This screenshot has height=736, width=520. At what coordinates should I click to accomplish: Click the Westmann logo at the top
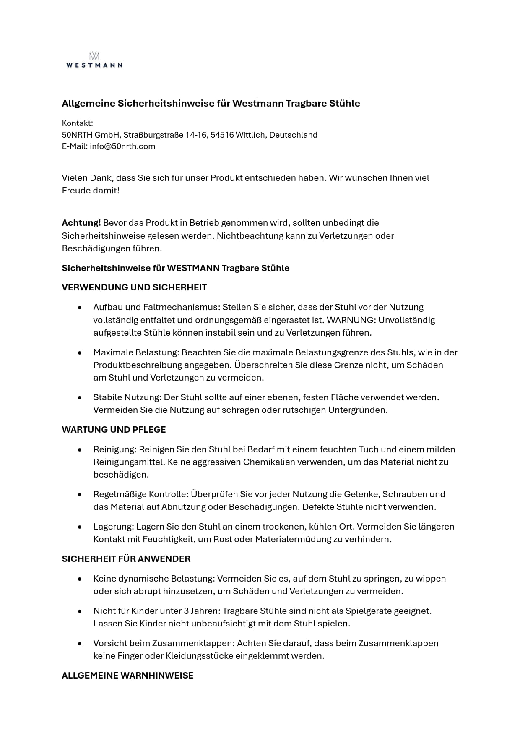[94, 60]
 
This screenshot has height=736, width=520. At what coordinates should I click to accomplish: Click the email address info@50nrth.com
[122, 146]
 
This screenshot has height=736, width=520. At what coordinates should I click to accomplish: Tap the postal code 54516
[222, 135]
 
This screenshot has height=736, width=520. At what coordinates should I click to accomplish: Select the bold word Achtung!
[81, 223]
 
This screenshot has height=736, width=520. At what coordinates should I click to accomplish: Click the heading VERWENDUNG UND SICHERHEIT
[134, 287]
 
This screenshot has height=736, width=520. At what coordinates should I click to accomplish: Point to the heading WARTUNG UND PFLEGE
[114, 430]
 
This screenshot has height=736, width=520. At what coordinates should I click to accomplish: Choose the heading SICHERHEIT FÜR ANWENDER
[126, 559]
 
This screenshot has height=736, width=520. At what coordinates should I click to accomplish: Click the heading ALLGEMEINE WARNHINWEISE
[127, 676]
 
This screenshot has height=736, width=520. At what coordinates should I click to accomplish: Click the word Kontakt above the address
[77, 123]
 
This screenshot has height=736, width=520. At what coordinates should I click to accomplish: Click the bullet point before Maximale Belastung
[80, 353]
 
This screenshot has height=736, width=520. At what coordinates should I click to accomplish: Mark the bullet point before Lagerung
[80, 527]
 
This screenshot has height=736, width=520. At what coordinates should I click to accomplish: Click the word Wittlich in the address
[250, 135]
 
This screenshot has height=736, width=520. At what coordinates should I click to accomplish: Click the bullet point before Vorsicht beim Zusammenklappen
[80, 644]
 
